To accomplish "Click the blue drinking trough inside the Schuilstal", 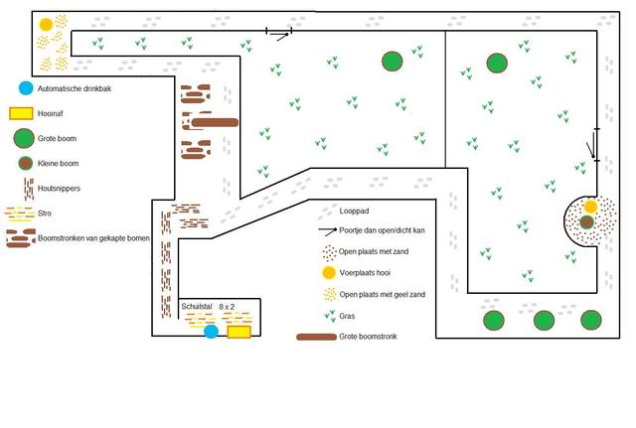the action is click(211, 331).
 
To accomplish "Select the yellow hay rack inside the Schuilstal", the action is click(238, 332).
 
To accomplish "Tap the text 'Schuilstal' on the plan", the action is click(197, 307).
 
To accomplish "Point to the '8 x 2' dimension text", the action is click(227, 307).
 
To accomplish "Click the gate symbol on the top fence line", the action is click(279, 33).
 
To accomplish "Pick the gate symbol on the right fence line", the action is click(593, 145).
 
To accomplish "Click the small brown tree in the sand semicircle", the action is click(586, 222).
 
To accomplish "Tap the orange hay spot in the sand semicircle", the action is click(590, 207).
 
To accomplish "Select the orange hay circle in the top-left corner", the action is click(46, 24).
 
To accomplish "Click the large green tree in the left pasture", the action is click(393, 62).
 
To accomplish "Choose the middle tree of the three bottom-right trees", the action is click(544, 321).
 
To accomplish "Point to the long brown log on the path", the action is click(215, 122).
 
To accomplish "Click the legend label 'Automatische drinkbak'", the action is click(75, 88).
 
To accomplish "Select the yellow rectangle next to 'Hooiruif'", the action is click(21, 113).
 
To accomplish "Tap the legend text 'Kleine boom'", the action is click(58, 163).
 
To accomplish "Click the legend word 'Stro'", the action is click(45, 214).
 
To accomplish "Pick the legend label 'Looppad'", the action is click(354, 212).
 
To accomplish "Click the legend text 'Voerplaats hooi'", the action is click(365, 273).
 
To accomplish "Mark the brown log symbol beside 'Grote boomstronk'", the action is click(316, 337).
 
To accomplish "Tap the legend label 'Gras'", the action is click(347, 316).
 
